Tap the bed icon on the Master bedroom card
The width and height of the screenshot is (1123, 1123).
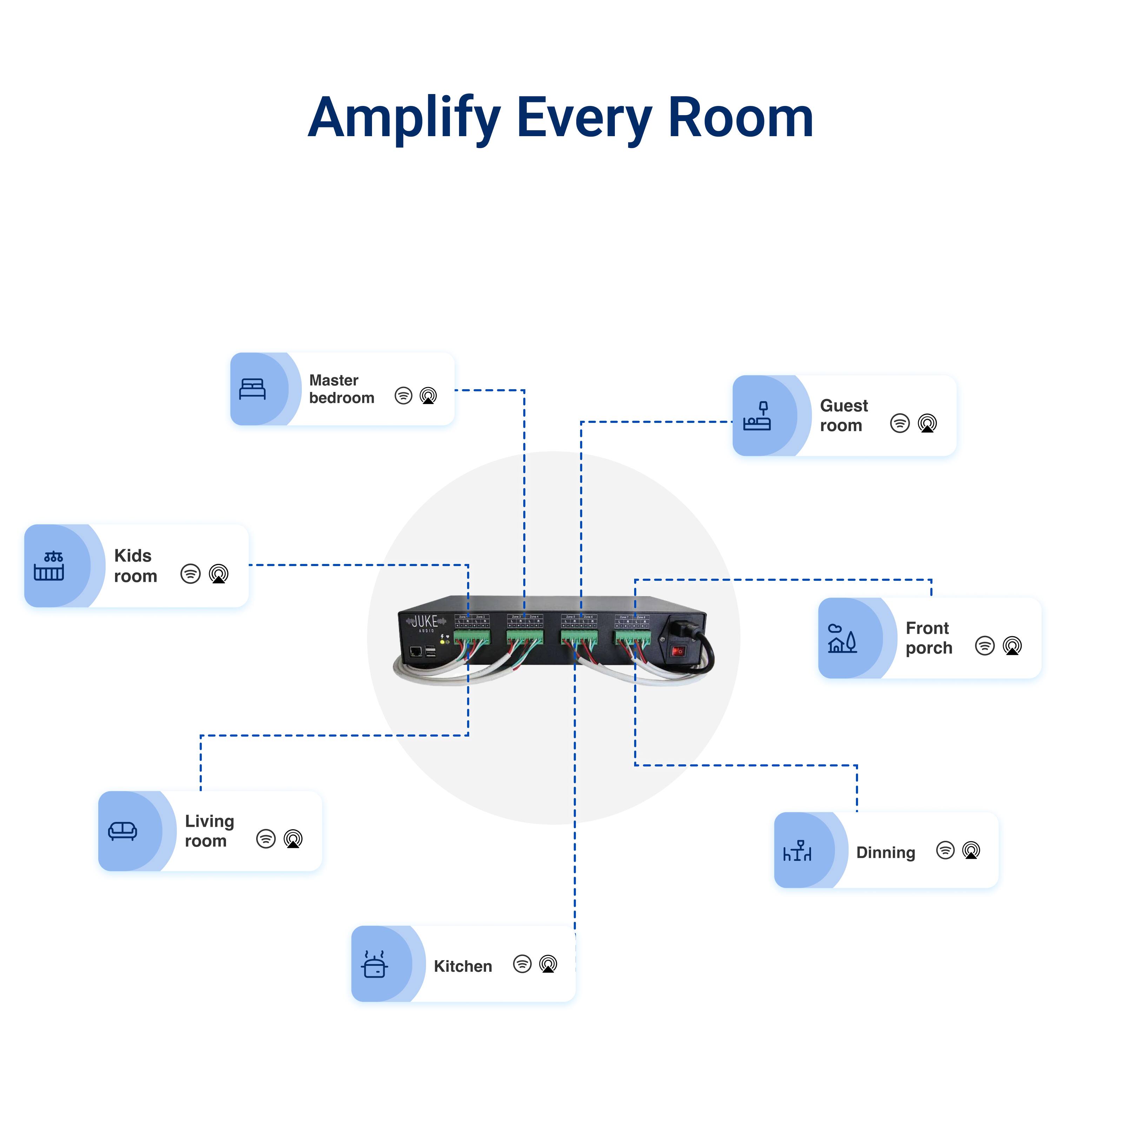[x=252, y=389]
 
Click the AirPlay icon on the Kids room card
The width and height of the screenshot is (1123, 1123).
[x=219, y=574]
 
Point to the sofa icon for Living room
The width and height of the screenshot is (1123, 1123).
[x=122, y=831]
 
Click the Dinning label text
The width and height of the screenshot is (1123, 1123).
[x=885, y=853]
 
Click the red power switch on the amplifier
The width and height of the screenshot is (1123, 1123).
[x=678, y=651]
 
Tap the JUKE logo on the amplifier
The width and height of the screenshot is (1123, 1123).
[x=425, y=622]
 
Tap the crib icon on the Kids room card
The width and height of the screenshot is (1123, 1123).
[x=49, y=566]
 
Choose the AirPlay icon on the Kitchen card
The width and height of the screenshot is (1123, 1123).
[x=548, y=964]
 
